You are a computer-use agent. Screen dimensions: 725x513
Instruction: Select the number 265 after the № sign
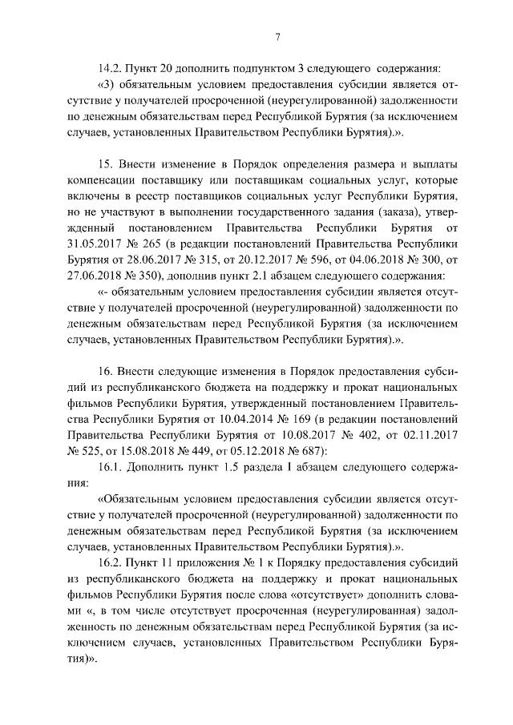click(x=147, y=251)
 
